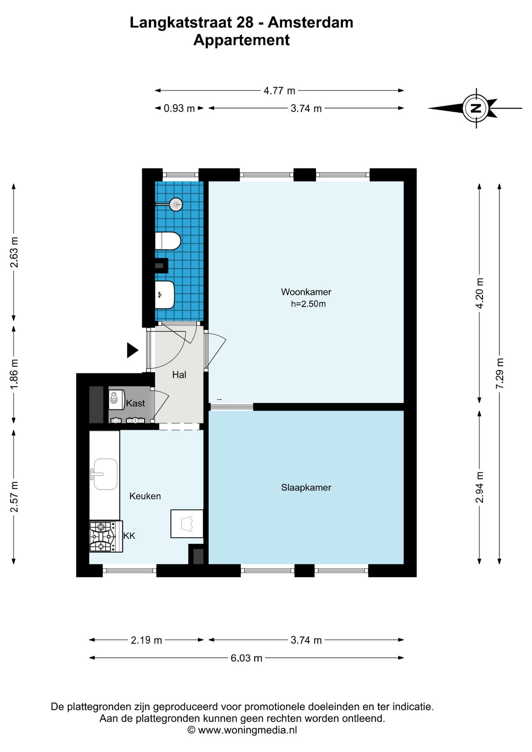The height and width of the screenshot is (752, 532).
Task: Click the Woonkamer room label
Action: click(x=306, y=292)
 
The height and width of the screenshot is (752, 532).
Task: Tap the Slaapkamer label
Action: click(x=306, y=488)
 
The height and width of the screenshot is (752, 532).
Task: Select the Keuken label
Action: click(x=145, y=496)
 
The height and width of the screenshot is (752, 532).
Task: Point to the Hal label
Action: click(x=179, y=375)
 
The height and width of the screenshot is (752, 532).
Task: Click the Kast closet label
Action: click(x=136, y=403)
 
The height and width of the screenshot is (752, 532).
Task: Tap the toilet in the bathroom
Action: click(x=168, y=241)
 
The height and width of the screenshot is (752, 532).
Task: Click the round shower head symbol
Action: click(x=176, y=204)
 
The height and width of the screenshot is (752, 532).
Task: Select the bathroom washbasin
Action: click(x=165, y=295)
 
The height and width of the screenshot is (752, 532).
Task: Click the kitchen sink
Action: click(x=104, y=474)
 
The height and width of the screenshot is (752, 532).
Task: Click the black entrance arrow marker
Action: click(x=132, y=350)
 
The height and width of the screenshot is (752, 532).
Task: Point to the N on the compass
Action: click(x=476, y=108)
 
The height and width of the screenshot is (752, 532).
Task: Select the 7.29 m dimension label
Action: click(x=499, y=373)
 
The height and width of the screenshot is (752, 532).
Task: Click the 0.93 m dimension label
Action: click(x=179, y=108)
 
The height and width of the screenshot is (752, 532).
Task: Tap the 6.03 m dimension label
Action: click(x=246, y=658)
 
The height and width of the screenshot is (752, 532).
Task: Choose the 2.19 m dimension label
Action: click(x=147, y=640)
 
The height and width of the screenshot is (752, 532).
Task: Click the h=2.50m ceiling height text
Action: click(x=308, y=304)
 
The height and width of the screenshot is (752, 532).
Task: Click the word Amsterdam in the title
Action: click(x=310, y=22)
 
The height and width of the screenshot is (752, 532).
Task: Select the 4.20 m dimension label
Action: click(x=480, y=293)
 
